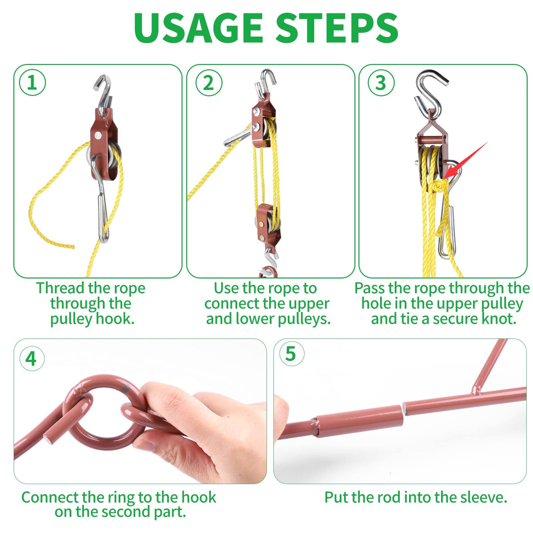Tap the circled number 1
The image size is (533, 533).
(x=32, y=83)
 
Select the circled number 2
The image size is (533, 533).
(x=209, y=83)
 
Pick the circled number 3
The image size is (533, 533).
(x=381, y=83)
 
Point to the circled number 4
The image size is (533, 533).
(x=32, y=358)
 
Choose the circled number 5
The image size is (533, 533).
(x=291, y=354)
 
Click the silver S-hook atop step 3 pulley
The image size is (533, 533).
(x=430, y=97)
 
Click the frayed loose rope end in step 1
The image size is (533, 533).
(x=71, y=247)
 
